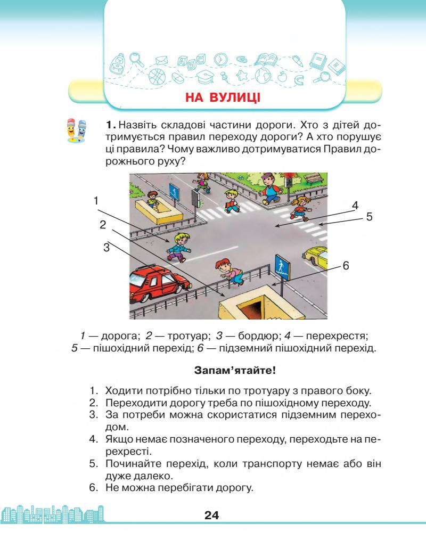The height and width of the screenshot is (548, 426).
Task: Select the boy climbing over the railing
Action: click(x=229, y=271)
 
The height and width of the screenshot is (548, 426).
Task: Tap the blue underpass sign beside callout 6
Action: click(x=281, y=265)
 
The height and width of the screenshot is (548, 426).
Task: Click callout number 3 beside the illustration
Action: click(x=107, y=247)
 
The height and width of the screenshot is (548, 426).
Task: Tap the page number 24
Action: click(x=212, y=516)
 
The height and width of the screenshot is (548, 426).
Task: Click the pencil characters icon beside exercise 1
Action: click(x=75, y=131)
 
